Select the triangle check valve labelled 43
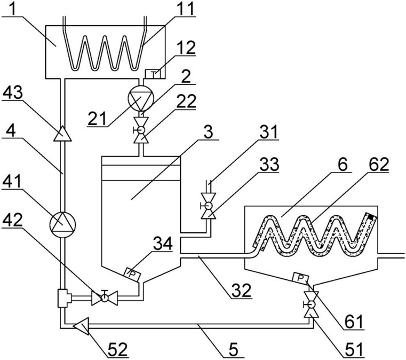(x=62, y=134)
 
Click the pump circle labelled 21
(x=141, y=98)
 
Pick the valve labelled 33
(x=209, y=206)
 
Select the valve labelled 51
(x=311, y=304)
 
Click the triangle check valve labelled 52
(x=81, y=326)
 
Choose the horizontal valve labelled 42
(x=105, y=298)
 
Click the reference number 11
(x=185, y=9)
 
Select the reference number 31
(x=268, y=132)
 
